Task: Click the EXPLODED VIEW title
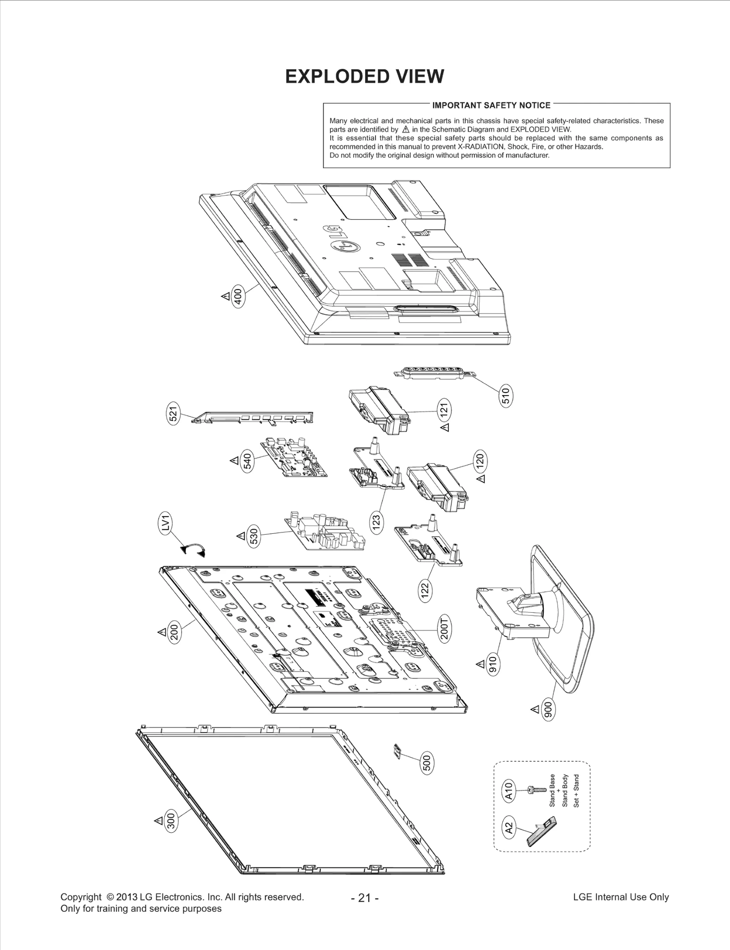364,77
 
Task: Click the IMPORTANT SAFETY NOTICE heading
491,105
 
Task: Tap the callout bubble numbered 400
238,296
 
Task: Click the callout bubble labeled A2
509,827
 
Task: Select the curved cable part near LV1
193,549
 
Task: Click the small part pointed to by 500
396,751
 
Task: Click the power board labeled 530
325,532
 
